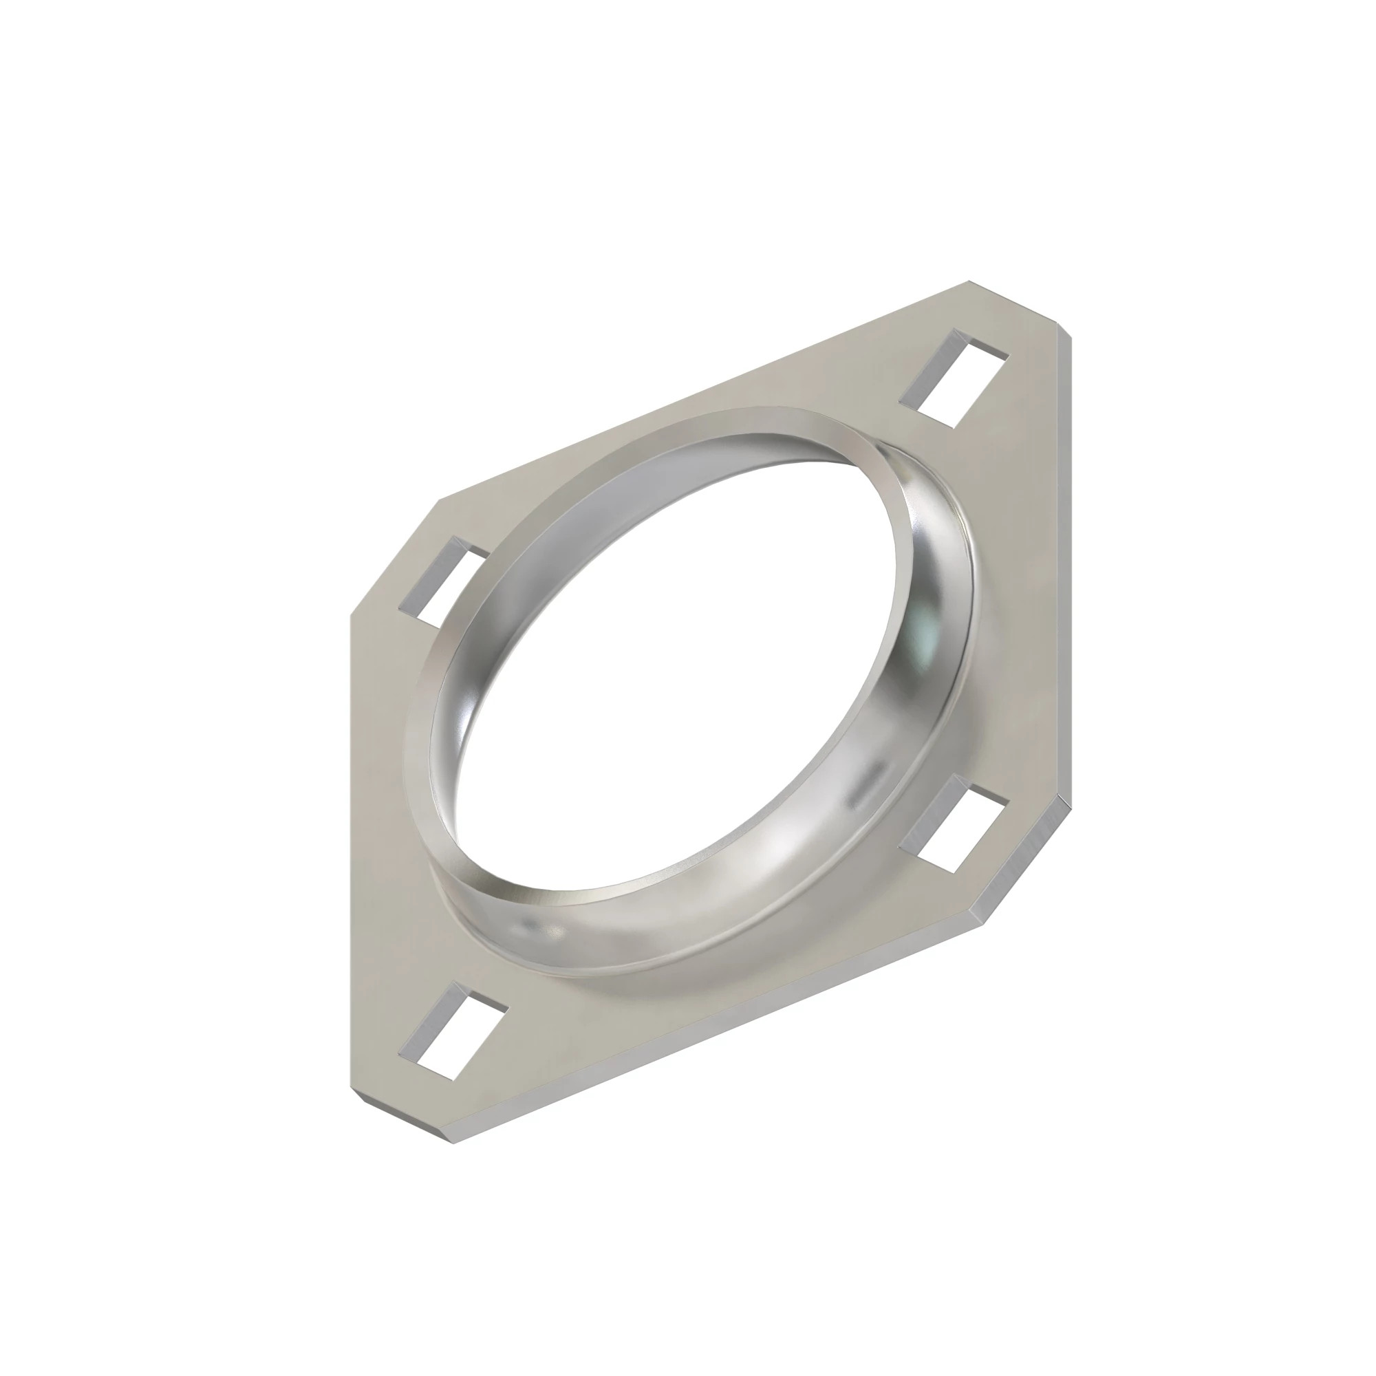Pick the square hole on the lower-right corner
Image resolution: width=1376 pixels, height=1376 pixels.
click(x=954, y=824)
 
